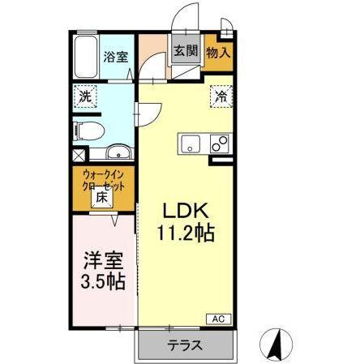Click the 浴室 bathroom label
click(114, 58)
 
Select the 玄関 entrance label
click(186, 51)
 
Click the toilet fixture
click(88, 128)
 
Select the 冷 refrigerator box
click(221, 95)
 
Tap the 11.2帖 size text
click(185, 233)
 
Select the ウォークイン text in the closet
click(103, 173)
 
